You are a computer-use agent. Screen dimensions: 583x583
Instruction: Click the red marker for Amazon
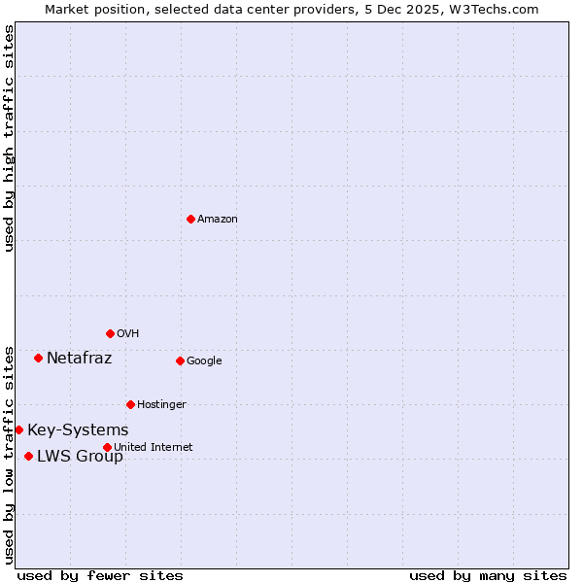coord(190,219)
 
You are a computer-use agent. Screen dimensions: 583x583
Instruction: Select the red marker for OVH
coord(110,333)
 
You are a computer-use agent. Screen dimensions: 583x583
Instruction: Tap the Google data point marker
coord(180,360)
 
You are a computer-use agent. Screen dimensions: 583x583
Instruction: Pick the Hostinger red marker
coord(130,404)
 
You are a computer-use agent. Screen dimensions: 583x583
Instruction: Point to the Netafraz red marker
coord(38,358)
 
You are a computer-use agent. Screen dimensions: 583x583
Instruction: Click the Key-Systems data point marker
coord(18,429)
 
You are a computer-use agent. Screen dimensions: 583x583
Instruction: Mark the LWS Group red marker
coord(28,456)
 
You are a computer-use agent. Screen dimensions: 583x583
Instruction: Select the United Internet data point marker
coord(107,447)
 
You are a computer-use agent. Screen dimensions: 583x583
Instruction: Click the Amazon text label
coord(217,220)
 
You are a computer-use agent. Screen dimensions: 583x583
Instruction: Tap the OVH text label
coord(127,334)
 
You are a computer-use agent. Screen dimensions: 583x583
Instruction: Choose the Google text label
coord(204,361)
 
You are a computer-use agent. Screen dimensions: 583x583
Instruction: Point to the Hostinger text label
coord(161,405)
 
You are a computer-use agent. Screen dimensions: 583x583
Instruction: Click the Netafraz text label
coord(79,359)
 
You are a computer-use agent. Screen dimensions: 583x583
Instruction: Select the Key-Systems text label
coord(78,430)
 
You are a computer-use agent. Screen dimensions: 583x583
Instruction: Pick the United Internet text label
coord(153,448)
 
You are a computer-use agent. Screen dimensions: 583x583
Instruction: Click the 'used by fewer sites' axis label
coord(100,575)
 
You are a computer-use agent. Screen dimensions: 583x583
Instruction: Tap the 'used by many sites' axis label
coord(488,575)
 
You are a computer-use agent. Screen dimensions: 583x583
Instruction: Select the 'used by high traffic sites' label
coord(9,138)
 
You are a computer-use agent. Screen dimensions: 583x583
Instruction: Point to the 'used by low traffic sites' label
coord(9,455)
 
